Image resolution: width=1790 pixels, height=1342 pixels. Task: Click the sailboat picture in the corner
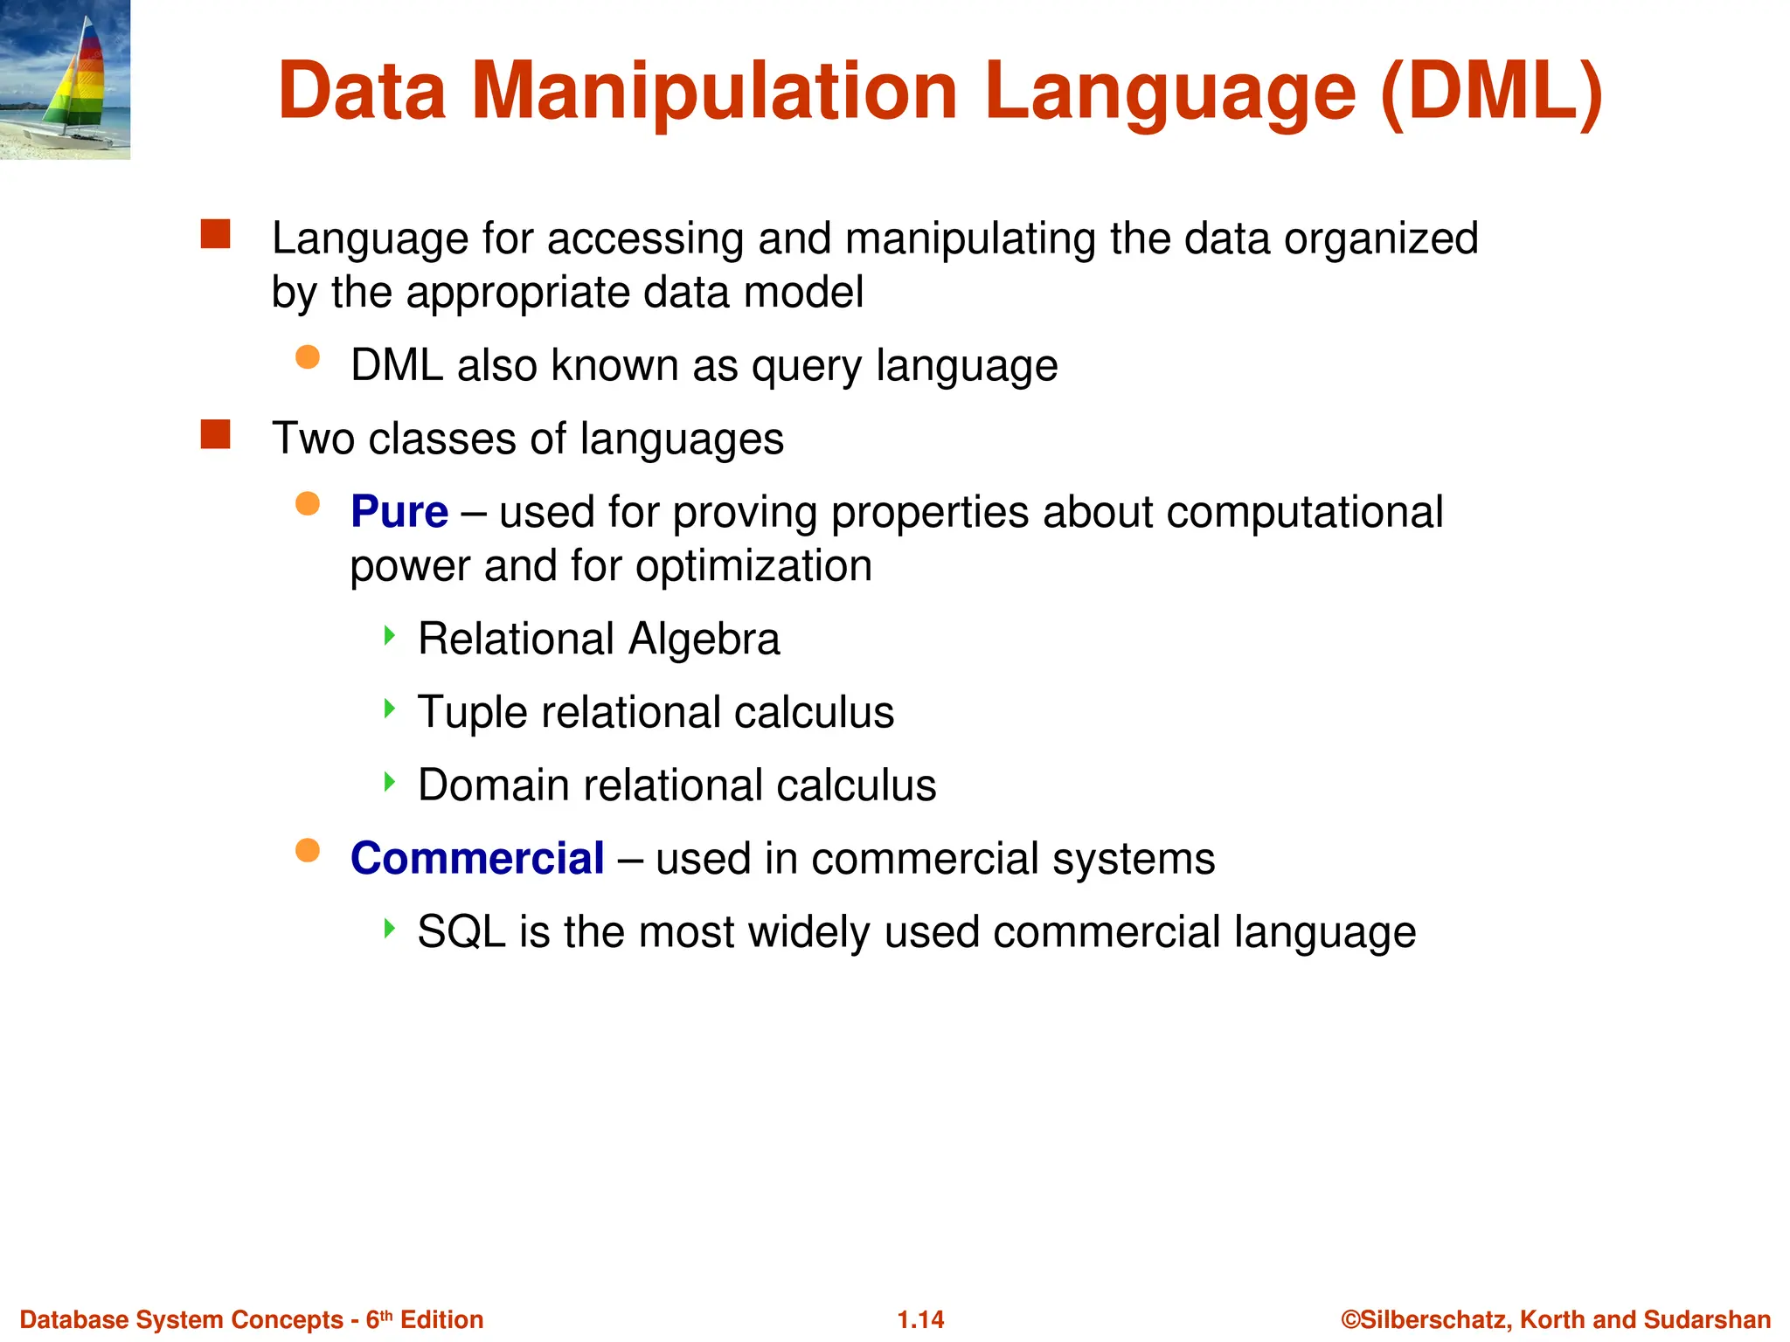(x=66, y=80)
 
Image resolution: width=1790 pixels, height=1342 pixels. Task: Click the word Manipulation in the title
(x=715, y=92)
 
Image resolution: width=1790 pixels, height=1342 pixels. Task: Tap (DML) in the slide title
(x=1491, y=92)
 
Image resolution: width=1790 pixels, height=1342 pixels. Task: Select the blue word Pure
(x=399, y=512)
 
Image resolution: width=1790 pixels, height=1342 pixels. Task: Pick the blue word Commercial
(x=477, y=858)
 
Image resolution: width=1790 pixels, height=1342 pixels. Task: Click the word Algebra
(x=704, y=639)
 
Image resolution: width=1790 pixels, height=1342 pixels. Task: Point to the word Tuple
(x=472, y=713)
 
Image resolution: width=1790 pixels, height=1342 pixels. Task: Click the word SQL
(x=461, y=932)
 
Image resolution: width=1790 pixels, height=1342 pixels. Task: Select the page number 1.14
(x=920, y=1319)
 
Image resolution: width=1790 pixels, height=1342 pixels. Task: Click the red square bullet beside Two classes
(x=215, y=434)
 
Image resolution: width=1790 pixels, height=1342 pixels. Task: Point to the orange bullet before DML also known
(x=308, y=357)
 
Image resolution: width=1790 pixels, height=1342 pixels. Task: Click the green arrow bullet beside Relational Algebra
(x=390, y=635)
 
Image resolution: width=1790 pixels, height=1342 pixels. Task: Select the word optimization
(x=753, y=566)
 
